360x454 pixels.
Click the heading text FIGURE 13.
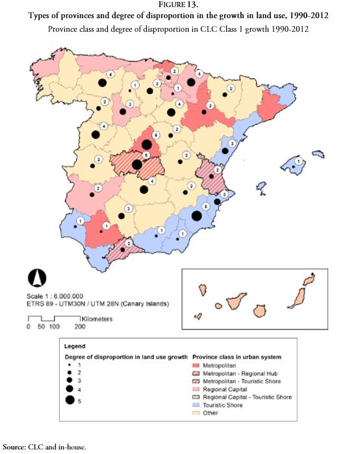(x=180, y=6)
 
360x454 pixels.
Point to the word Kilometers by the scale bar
(x=97, y=319)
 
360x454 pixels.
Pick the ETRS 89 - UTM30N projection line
(x=97, y=303)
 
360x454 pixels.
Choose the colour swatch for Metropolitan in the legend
(x=201, y=366)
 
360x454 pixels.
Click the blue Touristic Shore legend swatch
(x=201, y=404)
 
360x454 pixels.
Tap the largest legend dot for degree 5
(x=70, y=400)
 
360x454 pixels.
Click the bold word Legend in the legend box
(x=76, y=346)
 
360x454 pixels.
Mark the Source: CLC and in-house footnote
(x=44, y=447)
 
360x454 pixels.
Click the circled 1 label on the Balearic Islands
(x=298, y=160)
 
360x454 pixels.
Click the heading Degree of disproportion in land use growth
(x=127, y=357)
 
